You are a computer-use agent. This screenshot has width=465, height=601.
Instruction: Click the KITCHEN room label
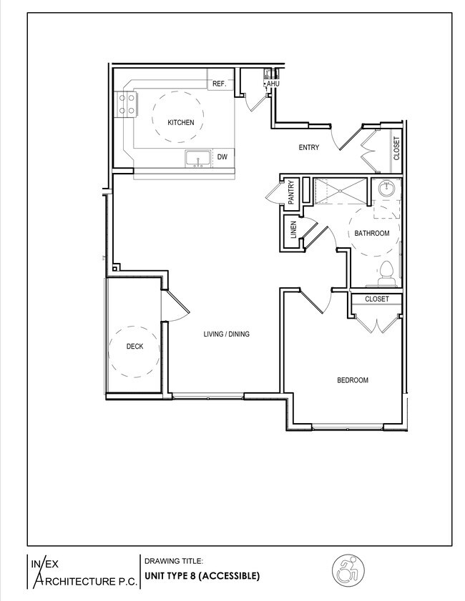(x=180, y=123)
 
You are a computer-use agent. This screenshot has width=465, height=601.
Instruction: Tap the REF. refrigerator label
(x=219, y=84)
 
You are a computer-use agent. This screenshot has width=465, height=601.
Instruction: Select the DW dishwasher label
(x=222, y=157)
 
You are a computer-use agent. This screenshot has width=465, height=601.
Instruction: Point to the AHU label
(x=272, y=84)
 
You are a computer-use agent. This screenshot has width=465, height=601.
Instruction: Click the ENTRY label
(x=308, y=148)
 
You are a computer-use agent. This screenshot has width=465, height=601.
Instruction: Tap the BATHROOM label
(x=372, y=234)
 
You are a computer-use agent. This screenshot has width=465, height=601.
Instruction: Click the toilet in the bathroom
(x=386, y=271)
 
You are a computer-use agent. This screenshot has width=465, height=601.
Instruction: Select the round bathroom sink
(x=387, y=190)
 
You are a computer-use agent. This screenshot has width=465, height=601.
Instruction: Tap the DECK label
(x=134, y=347)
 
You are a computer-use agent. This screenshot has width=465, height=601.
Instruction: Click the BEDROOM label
(x=353, y=380)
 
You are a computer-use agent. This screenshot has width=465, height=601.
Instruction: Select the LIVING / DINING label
(x=226, y=334)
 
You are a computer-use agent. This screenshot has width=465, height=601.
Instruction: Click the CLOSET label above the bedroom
(x=377, y=299)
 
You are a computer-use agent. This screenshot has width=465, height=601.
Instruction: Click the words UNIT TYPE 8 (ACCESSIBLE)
(x=202, y=575)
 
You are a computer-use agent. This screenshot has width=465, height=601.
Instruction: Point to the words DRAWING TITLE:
(x=174, y=561)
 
